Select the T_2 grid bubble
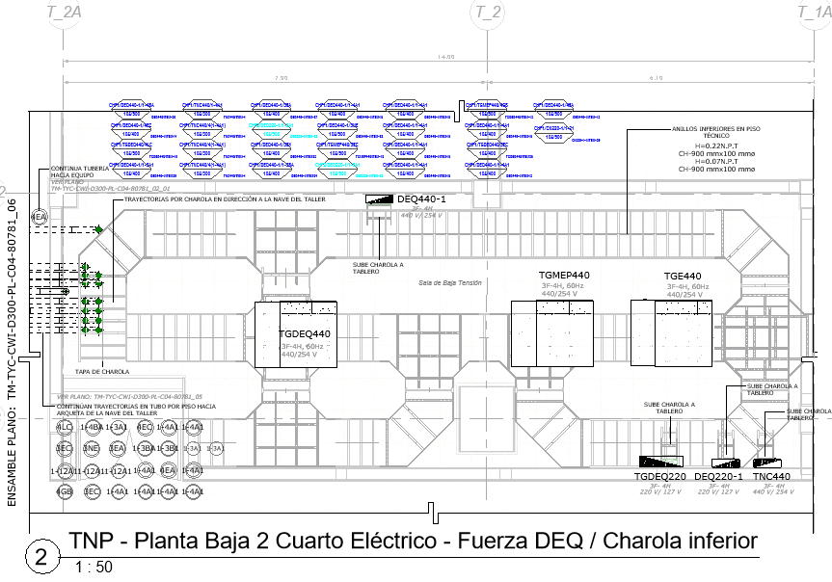[x=489, y=12]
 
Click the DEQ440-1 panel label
[x=420, y=199]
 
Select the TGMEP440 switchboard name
[x=564, y=276]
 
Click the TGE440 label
[x=683, y=277]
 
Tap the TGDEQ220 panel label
[x=659, y=477]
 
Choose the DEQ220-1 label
[x=718, y=477]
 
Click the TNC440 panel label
[x=771, y=477]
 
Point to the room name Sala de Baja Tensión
[x=449, y=282]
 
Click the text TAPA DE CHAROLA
[x=102, y=371]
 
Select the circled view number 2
[x=40, y=557]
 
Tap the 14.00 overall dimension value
[x=444, y=57]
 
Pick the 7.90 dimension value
[x=281, y=77]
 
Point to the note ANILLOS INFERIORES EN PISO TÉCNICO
[x=709, y=132]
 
